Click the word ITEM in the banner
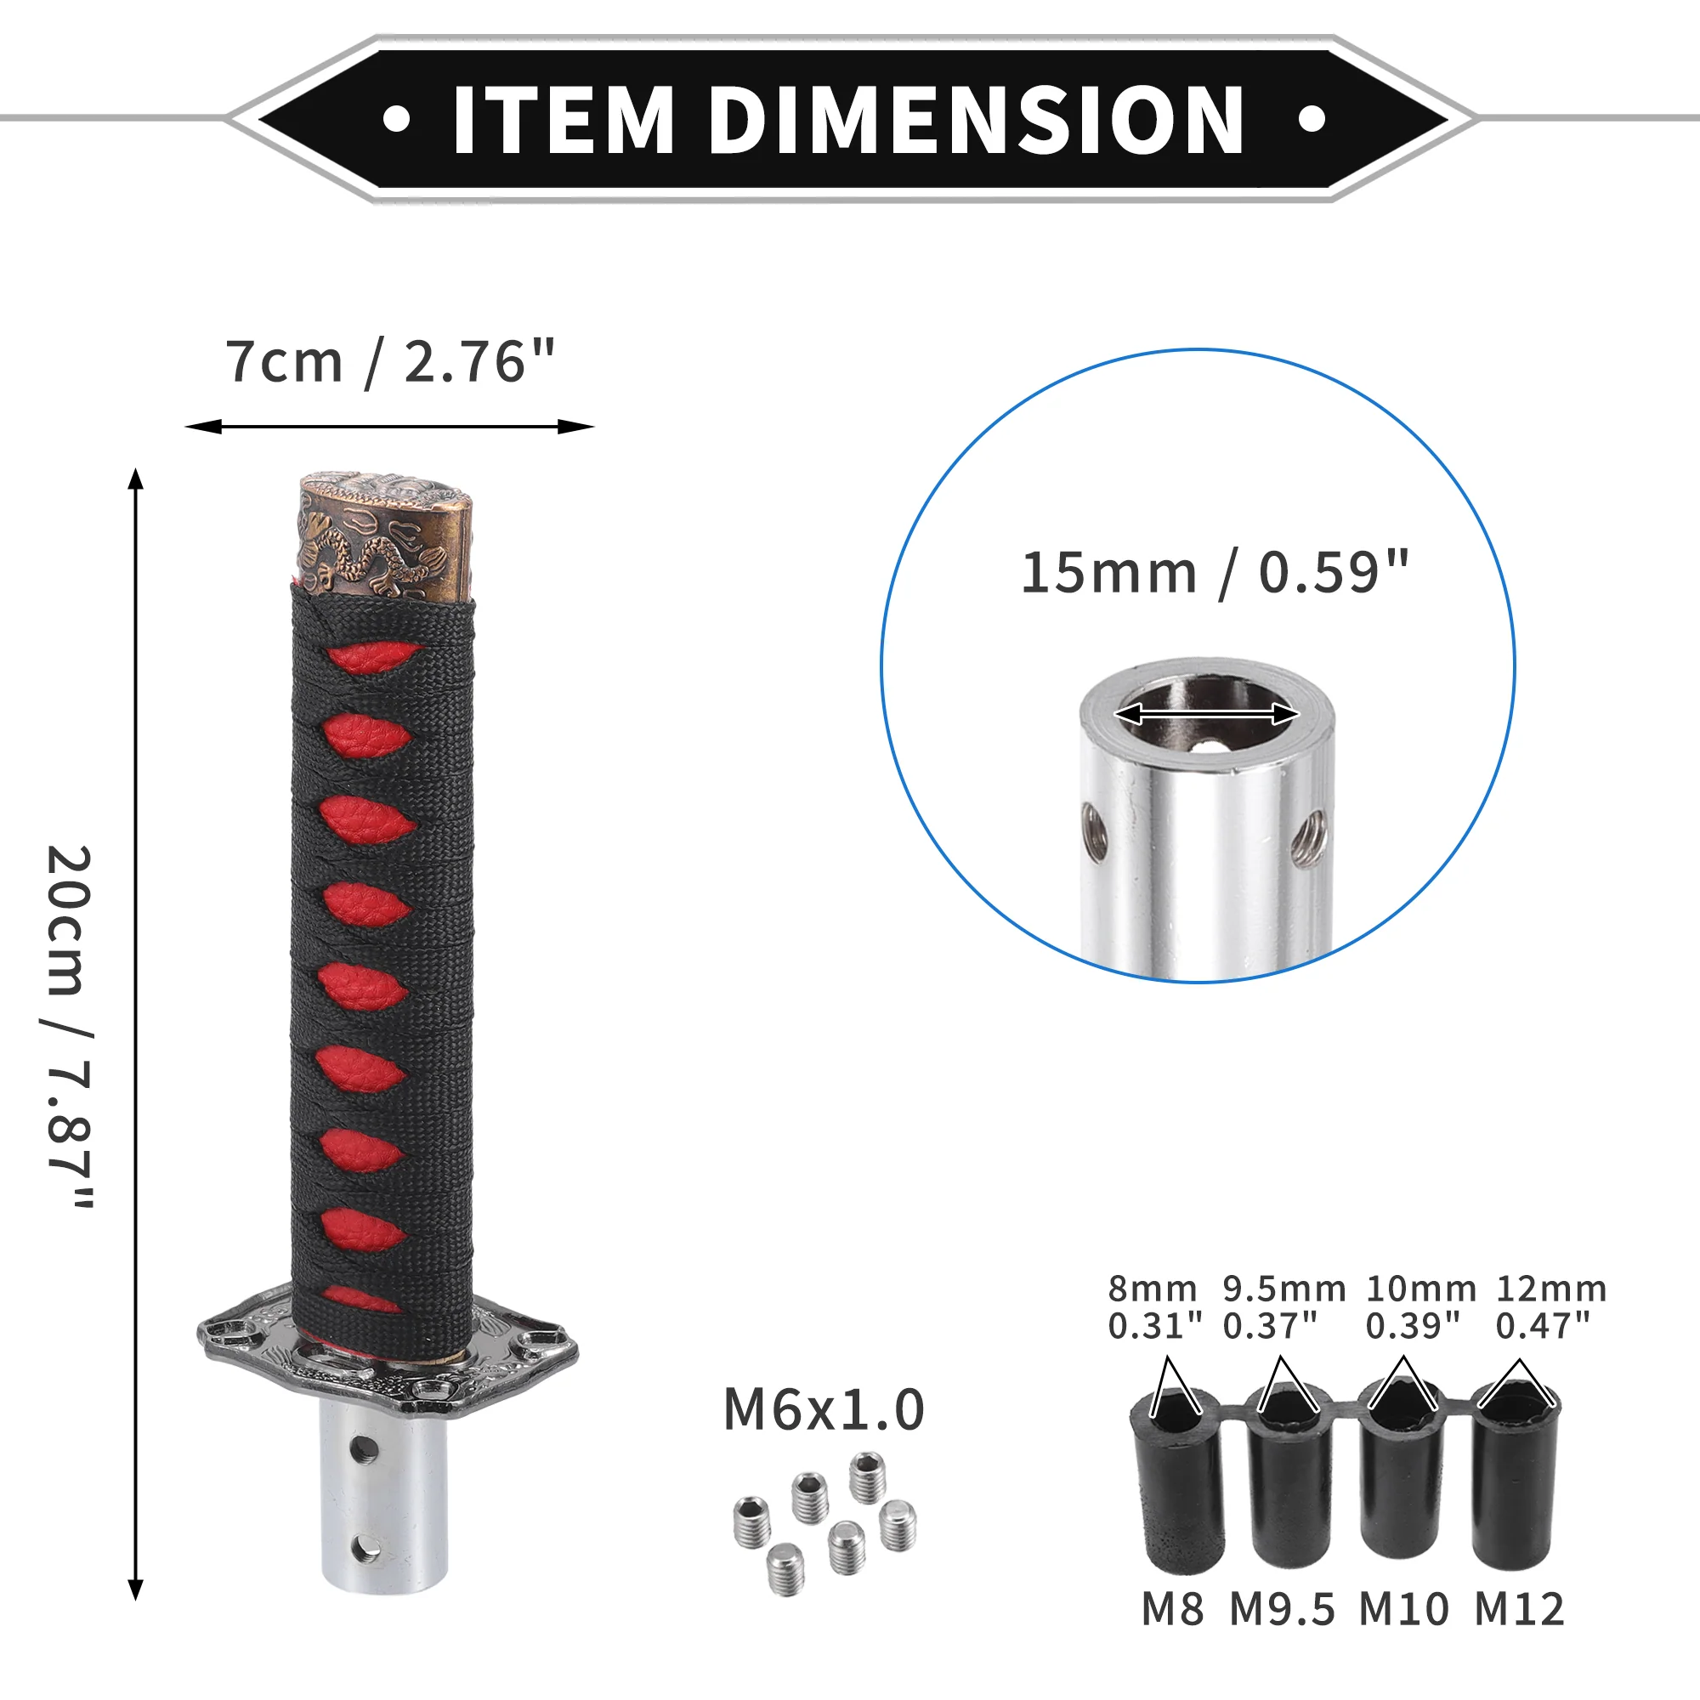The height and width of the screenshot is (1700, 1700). click(x=564, y=120)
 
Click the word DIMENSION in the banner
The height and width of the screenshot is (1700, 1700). click(x=977, y=120)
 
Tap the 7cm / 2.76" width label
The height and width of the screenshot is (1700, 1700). click(x=391, y=361)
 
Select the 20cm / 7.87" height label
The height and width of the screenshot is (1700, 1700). click(x=70, y=1026)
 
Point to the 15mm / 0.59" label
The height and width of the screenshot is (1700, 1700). click(x=1215, y=573)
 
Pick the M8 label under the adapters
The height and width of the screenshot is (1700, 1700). click(x=1172, y=1609)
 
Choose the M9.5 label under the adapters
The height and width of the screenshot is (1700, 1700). click(x=1282, y=1609)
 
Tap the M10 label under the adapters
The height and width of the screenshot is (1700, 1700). click(x=1403, y=1609)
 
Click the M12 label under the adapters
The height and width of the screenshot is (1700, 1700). click(x=1520, y=1609)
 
